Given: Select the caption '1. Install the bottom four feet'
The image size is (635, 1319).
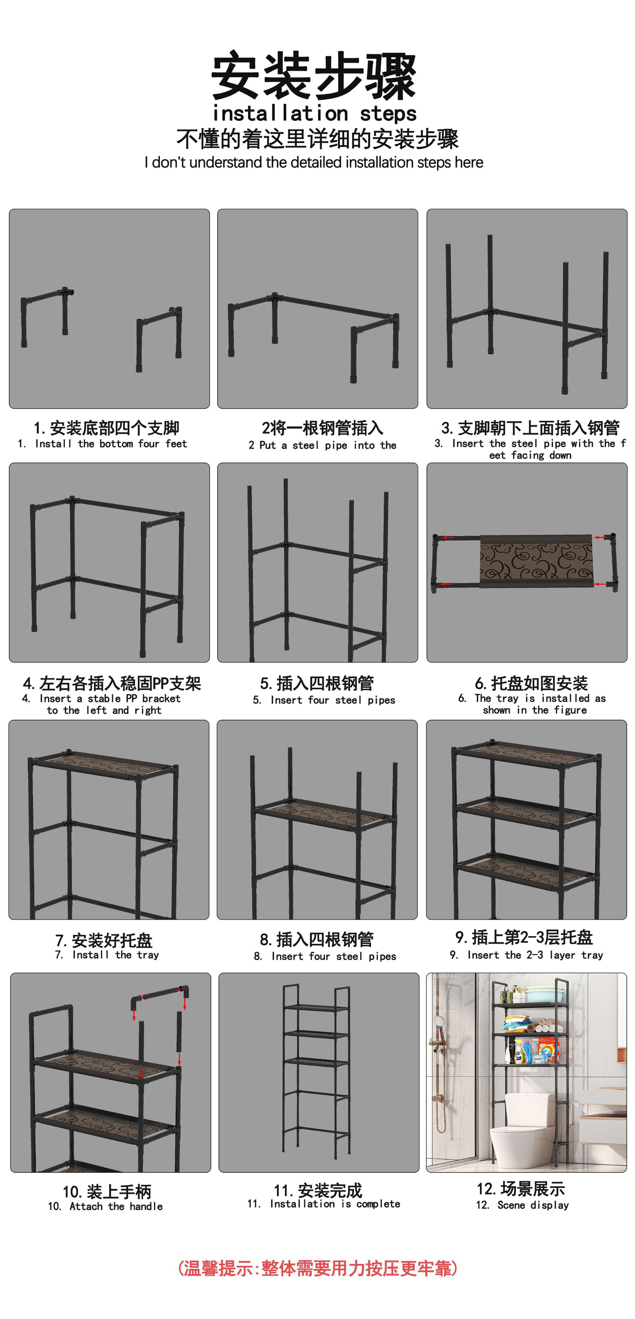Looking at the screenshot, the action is click(102, 443).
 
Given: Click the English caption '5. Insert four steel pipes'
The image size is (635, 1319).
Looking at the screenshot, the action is click(324, 700).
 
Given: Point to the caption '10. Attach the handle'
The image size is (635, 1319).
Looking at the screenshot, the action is click(106, 1206).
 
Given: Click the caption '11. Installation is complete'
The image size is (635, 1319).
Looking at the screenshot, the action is click(323, 1204).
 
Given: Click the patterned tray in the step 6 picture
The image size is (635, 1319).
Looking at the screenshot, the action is click(536, 561).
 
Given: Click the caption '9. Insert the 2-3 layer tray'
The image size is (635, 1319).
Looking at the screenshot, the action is click(526, 955).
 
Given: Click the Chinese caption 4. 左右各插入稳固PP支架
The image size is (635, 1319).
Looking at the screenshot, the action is click(112, 683).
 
